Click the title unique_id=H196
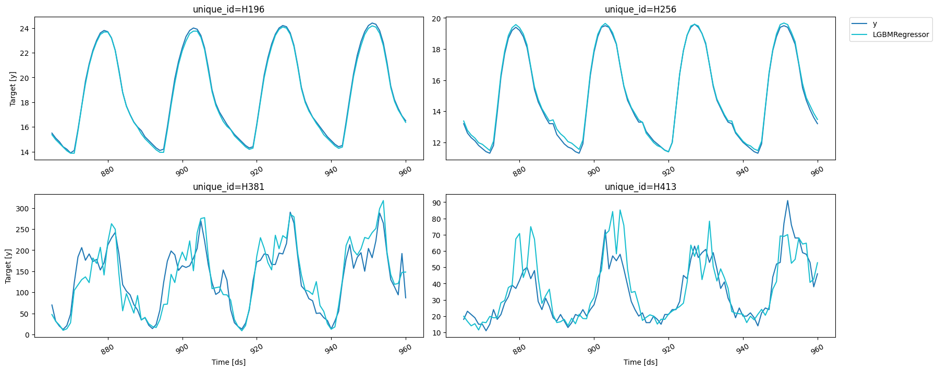coord(228,9)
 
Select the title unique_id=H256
coord(640,9)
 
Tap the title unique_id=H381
coord(228,187)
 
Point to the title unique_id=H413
coord(640,187)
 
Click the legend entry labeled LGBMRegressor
coord(901,34)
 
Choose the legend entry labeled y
coord(875,23)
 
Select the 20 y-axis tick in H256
coord(436,19)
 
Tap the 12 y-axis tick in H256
coord(436,143)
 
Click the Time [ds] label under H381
coord(228,362)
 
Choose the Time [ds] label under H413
coord(640,362)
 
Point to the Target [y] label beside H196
coord(13,89)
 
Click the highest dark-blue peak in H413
coord(787,200)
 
